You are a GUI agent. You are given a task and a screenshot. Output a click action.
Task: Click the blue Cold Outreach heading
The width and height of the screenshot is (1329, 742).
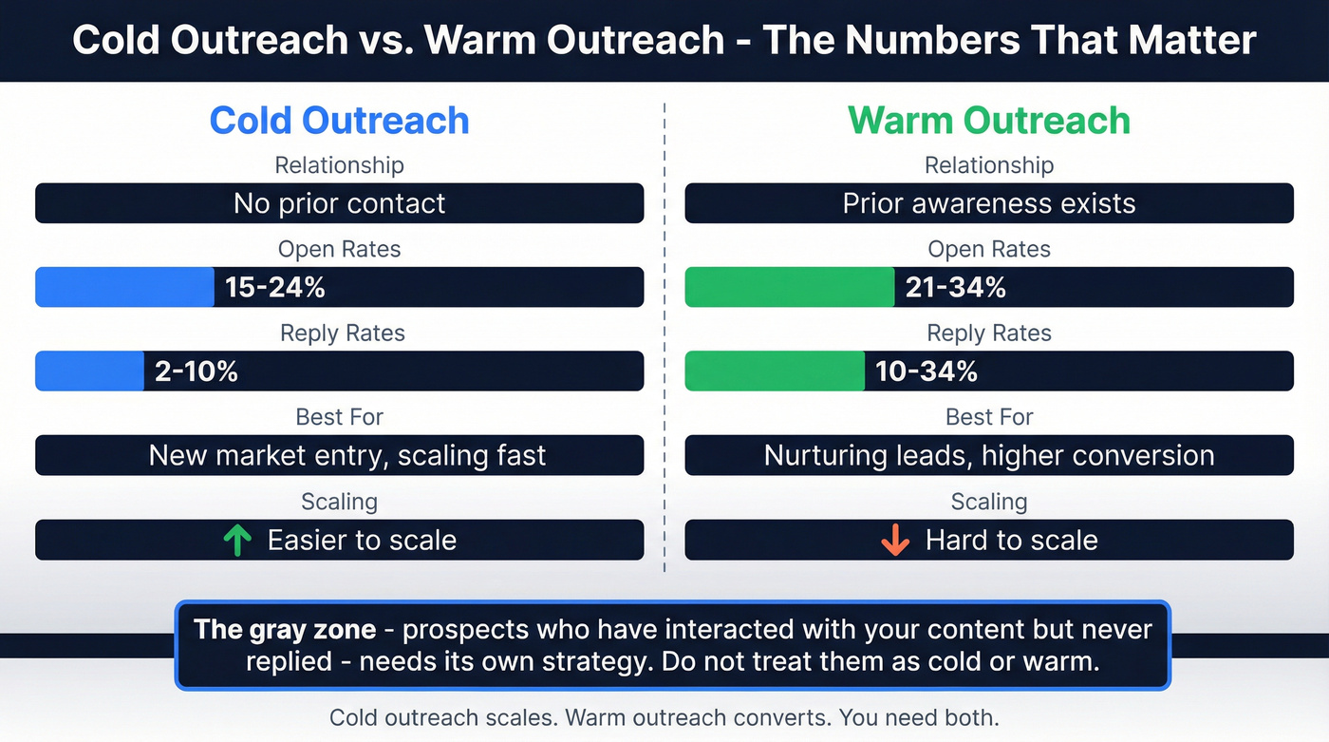click(339, 121)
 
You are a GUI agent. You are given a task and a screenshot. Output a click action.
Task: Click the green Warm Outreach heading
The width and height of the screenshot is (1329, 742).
click(988, 121)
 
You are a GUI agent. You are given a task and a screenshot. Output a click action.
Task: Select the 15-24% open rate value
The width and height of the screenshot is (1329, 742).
click(275, 287)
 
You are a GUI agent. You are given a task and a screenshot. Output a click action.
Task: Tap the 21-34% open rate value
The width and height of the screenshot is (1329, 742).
click(955, 287)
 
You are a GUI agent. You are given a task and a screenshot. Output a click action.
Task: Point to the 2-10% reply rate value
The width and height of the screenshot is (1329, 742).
click(197, 371)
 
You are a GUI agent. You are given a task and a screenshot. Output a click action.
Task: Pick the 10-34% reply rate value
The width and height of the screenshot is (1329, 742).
click(927, 371)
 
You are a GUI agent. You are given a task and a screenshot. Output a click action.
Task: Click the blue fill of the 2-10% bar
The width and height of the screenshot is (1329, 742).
click(89, 371)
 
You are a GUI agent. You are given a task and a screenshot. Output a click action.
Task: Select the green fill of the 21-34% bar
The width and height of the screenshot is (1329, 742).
click(789, 287)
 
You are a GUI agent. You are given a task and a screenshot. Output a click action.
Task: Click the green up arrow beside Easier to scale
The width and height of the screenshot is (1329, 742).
click(237, 541)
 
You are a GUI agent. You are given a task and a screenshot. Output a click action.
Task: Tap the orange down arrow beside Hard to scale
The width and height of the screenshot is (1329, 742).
click(894, 541)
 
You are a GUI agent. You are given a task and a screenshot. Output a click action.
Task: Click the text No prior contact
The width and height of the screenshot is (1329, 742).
click(339, 203)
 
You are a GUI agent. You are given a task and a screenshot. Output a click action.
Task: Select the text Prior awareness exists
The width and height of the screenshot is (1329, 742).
click(988, 203)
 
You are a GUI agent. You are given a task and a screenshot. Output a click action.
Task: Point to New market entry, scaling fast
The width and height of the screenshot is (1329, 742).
click(347, 455)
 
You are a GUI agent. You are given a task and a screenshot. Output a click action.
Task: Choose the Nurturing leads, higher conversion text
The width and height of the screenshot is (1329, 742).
click(988, 455)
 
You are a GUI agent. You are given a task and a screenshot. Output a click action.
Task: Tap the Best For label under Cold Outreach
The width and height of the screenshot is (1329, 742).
click(339, 417)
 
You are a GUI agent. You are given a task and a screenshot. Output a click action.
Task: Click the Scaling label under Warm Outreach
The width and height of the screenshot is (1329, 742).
click(988, 501)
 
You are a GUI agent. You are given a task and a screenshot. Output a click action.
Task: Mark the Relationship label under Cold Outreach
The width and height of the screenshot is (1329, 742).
click(339, 165)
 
